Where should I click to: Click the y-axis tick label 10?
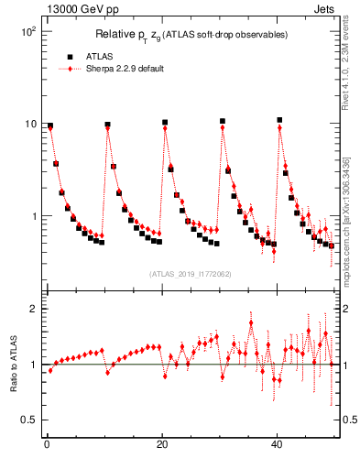pyautogui.click(x=28, y=124)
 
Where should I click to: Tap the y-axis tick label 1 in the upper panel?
pyautogui.click(x=32, y=217)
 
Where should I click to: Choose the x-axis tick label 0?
pyautogui.click(x=46, y=446)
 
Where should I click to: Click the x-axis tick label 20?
pyautogui.click(x=161, y=446)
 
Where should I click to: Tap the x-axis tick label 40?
pyautogui.click(x=277, y=446)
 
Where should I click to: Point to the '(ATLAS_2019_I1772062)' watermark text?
pyautogui.click(x=190, y=274)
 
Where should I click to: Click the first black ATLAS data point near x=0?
pyautogui.click(x=50, y=125)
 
